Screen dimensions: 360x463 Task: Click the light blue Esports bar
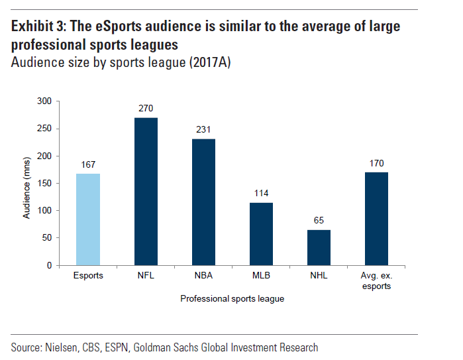(x=88, y=219)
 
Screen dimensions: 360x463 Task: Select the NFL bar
(x=146, y=192)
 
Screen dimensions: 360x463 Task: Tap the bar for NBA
(x=203, y=202)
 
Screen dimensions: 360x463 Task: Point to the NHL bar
(x=319, y=247)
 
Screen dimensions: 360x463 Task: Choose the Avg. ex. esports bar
(x=376, y=219)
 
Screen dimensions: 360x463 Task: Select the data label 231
(x=203, y=130)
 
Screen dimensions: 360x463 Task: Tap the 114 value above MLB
(x=261, y=194)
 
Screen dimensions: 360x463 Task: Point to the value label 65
(x=319, y=221)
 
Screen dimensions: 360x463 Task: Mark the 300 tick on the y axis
(x=44, y=101)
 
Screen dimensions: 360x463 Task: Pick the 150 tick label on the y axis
(x=44, y=183)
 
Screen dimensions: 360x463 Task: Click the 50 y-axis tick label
(x=46, y=238)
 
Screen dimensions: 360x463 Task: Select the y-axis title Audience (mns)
(x=27, y=183)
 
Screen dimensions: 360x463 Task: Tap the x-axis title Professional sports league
(x=232, y=299)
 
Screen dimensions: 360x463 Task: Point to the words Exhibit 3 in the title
(x=39, y=27)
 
